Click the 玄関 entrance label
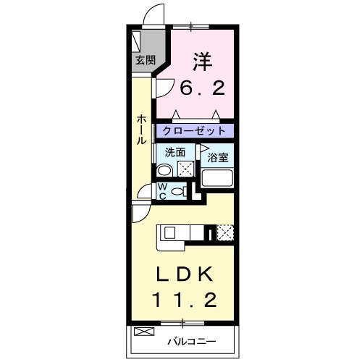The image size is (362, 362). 144,61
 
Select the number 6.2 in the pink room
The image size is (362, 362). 203,88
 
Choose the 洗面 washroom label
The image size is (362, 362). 174,152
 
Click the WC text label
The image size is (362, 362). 163,190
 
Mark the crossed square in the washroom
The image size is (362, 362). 186,169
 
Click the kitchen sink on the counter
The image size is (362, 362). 169,233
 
